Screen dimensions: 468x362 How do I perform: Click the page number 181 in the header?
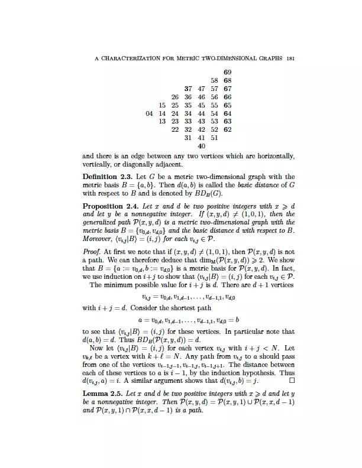coord(290,58)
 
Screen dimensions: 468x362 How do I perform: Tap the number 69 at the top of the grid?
coord(228,72)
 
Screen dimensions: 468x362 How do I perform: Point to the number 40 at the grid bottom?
coord(201,146)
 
